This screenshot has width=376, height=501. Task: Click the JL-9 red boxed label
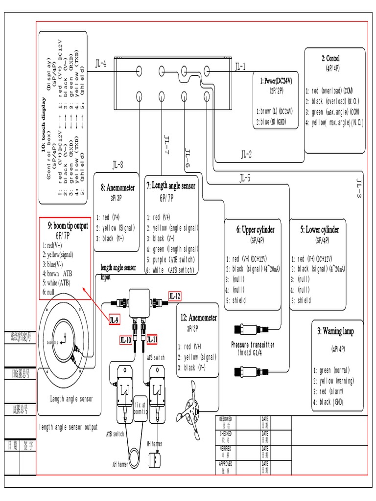114,320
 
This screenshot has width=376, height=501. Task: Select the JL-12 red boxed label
175,296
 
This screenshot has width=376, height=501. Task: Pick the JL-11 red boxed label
152,339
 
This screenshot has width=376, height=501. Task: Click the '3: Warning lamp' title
336,331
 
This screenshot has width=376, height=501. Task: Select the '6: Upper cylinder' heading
256,229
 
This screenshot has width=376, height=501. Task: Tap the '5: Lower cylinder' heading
320,229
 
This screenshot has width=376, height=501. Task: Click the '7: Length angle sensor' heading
171,185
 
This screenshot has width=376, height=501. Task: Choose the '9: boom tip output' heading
68,226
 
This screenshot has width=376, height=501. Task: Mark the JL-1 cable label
241,66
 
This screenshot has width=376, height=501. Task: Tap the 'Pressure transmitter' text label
253,345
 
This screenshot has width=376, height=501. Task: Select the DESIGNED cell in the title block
226,422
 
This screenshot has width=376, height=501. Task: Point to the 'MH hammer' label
155,443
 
